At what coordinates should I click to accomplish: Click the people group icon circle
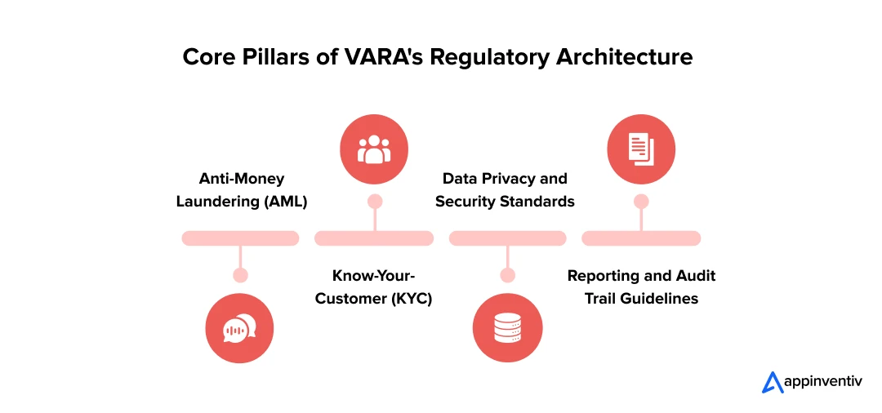(374, 149)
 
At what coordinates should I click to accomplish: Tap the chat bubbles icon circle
(239, 328)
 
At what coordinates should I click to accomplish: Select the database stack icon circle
(507, 328)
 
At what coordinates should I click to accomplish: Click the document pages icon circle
(641, 149)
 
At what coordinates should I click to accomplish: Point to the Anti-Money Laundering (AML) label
(241, 189)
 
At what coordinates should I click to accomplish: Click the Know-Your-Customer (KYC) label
(373, 287)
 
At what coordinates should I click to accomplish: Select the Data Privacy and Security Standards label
(505, 189)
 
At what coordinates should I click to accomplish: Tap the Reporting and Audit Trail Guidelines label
(641, 287)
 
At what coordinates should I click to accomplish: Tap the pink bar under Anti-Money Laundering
(240, 238)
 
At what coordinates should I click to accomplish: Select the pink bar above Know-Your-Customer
(374, 238)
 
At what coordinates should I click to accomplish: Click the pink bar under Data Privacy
(507, 238)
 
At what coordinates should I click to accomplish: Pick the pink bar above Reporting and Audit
(641, 238)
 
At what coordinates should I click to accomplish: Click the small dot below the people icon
(375, 201)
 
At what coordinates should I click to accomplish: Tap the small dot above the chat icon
(240, 275)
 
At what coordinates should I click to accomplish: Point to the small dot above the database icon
(507, 275)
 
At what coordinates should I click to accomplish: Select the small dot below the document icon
(641, 201)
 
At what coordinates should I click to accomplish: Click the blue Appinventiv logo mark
(772, 382)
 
